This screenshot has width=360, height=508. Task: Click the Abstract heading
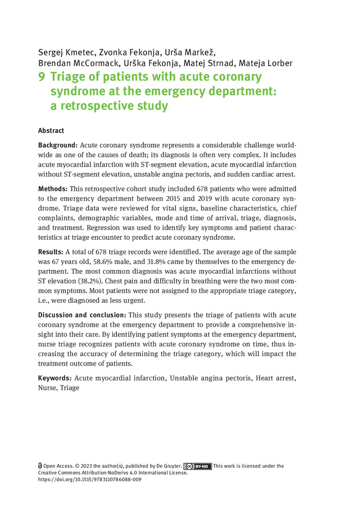51,131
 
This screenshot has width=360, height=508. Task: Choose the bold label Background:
58,145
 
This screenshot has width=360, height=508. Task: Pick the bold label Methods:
53,189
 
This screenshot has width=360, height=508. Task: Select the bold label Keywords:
55,378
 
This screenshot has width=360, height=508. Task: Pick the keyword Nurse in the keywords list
47,389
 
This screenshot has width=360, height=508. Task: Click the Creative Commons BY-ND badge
198,466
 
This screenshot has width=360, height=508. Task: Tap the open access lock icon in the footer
40,466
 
